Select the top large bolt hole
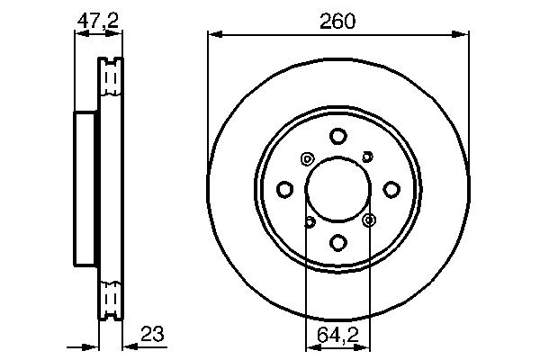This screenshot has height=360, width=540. pos(337,137)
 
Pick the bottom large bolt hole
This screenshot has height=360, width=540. pos(337,242)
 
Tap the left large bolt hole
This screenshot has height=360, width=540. pos(285,189)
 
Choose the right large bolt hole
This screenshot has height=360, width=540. pos(391,189)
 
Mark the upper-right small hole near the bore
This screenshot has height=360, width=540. pos(367,157)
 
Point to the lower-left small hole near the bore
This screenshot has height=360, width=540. pos(309,221)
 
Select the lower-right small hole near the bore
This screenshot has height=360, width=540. pos(368,219)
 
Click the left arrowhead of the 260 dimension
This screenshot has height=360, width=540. pos(213,35)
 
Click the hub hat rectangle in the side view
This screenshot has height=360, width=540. pos(85,189)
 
